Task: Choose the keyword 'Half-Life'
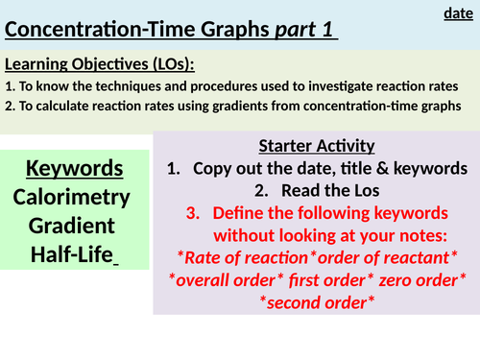[x=74, y=256]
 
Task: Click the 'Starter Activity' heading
[x=315, y=147]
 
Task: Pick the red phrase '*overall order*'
[x=222, y=278]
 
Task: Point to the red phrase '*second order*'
[x=316, y=300]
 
